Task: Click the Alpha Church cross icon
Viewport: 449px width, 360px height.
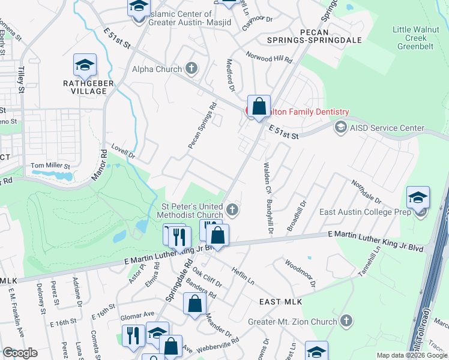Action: [191, 68]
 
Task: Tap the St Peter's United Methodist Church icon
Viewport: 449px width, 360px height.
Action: [234, 210]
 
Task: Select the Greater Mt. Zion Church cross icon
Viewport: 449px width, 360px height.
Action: [346, 321]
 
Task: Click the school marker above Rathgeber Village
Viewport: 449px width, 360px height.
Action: [85, 65]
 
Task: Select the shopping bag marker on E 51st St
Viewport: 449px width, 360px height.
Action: [259, 107]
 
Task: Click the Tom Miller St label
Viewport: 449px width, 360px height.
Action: [50, 166]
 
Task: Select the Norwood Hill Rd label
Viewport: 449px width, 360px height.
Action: [268, 57]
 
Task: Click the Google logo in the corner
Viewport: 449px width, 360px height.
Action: [20, 353]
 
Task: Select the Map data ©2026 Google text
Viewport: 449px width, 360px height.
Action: [412, 355]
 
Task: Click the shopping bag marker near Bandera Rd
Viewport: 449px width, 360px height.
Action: [194, 304]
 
